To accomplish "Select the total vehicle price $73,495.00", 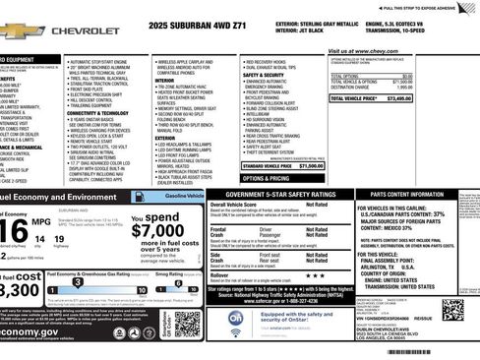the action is pyautogui.click(x=445, y=99).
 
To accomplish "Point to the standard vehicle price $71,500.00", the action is pyautogui.click(x=311, y=166).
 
